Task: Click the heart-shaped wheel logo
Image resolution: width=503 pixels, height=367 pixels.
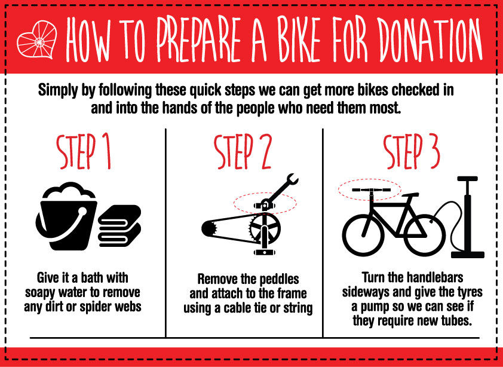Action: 37,39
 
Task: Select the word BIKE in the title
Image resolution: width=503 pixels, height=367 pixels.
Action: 284,39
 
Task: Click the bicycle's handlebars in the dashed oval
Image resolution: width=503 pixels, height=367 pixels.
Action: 371,190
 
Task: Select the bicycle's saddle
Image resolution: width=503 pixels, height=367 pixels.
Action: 410,195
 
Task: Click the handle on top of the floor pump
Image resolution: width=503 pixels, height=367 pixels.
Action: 467,179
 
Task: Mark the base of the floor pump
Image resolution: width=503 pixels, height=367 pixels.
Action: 467,255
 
